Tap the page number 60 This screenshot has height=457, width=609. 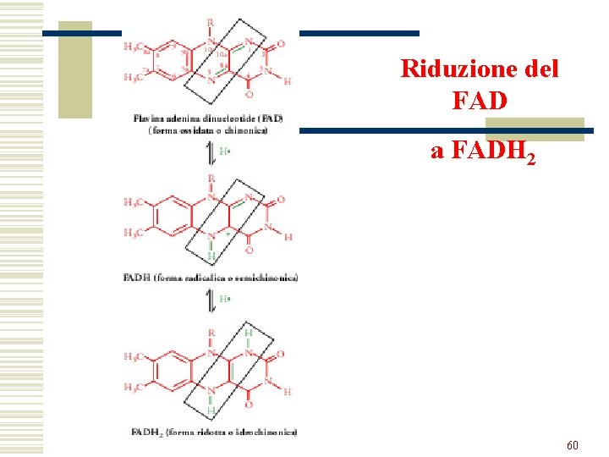pyautogui.click(x=573, y=444)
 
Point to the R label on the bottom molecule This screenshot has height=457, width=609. pyautogui.click(x=210, y=333)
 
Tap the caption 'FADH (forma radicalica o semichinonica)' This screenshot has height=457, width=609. pyautogui.click(x=211, y=278)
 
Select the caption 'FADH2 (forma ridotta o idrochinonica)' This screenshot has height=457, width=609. pyautogui.click(x=214, y=432)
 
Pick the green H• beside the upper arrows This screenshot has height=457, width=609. pyautogui.click(x=225, y=151)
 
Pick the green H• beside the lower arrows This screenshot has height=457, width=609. pyautogui.click(x=225, y=299)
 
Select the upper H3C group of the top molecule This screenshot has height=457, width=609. pyautogui.click(x=134, y=47)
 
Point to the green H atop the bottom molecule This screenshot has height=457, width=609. pyautogui.click(x=248, y=333)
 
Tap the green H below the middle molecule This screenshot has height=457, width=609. pyautogui.click(x=210, y=256)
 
